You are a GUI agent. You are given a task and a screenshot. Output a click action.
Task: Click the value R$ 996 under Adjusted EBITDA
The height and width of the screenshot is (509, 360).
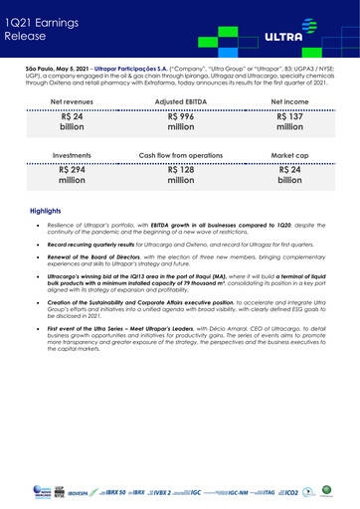pos(180,123)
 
